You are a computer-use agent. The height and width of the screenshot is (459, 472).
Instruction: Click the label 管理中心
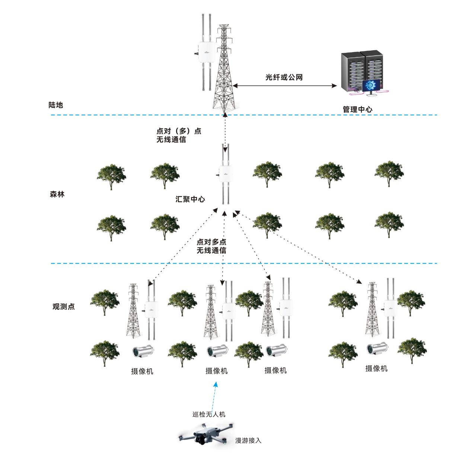(357, 109)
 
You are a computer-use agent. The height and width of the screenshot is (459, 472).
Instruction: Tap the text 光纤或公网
(284, 77)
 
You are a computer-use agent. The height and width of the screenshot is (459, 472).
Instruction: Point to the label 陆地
(56, 105)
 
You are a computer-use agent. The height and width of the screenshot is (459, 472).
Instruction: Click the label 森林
(57, 194)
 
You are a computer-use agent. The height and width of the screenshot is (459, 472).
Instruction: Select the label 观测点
(64, 306)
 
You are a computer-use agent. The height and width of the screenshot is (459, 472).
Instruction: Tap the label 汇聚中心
(190, 199)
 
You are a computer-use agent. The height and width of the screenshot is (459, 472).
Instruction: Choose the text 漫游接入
(248, 440)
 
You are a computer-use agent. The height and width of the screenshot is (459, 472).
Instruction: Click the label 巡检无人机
(209, 414)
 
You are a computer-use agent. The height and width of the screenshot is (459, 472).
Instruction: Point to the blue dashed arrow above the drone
(214, 396)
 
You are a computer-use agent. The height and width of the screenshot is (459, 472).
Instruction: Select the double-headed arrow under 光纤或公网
(284, 85)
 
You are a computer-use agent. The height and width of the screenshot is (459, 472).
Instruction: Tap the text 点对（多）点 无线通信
(179, 135)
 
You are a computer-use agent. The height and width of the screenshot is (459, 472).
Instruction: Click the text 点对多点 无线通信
(211, 246)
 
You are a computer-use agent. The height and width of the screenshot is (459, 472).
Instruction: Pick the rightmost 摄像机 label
(376, 369)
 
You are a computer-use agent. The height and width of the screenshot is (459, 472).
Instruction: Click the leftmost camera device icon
(143, 351)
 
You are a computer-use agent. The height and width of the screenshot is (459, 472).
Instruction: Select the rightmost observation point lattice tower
(372, 309)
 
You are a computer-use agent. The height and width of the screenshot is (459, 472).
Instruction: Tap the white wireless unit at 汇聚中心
(225, 174)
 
